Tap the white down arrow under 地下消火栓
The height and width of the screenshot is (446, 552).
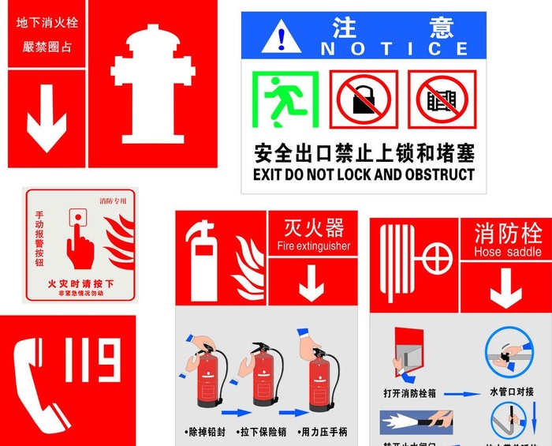click(x=47, y=118)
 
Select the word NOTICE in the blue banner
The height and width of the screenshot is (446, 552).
click(x=394, y=49)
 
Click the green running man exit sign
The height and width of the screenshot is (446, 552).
click(x=285, y=99)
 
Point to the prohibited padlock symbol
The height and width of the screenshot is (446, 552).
click(x=364, y=99)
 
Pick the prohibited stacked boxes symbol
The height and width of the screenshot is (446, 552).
click(x=442, y=99)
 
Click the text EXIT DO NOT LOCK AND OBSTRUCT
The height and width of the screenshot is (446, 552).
click(x=364, y=174)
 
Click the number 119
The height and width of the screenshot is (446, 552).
click(x=94, y=361)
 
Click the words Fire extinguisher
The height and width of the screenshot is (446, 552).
click(x=313, y=246)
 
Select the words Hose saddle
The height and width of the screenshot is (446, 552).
click(x=507, y=252)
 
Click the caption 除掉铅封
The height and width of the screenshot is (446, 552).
click(x=208, y=432)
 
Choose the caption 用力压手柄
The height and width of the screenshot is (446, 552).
click(x=323, y=432)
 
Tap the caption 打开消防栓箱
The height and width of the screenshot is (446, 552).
click(x=409, y=392)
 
